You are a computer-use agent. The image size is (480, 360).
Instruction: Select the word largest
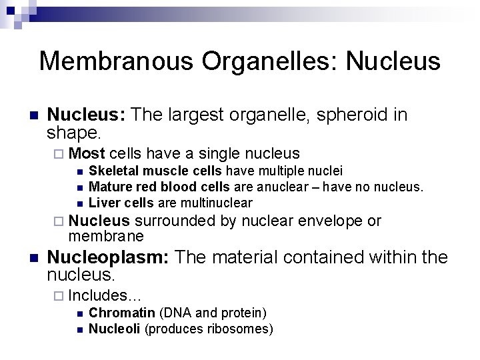(x=199, y=115)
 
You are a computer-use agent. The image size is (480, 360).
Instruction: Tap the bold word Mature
(x=107, y=187)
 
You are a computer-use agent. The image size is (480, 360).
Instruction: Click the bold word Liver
(x=102, y=203)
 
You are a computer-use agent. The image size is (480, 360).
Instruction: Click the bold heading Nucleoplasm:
(x=108, y=257)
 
